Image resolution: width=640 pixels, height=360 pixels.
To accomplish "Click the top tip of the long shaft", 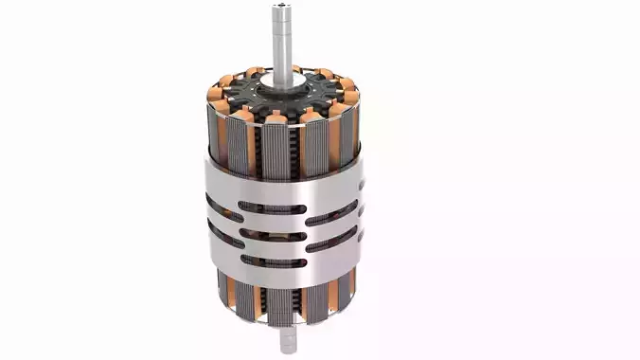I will pos(282,8).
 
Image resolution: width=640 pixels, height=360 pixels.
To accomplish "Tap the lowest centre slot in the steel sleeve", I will pos(271,260).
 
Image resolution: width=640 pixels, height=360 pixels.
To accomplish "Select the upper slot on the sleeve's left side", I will pos(217,203).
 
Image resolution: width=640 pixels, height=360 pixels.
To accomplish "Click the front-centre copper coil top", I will pos(276,117).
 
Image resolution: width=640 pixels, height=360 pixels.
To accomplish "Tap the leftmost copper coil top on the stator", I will pos(213,95).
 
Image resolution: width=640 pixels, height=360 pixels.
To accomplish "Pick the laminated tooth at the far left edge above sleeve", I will pos(212,133).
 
